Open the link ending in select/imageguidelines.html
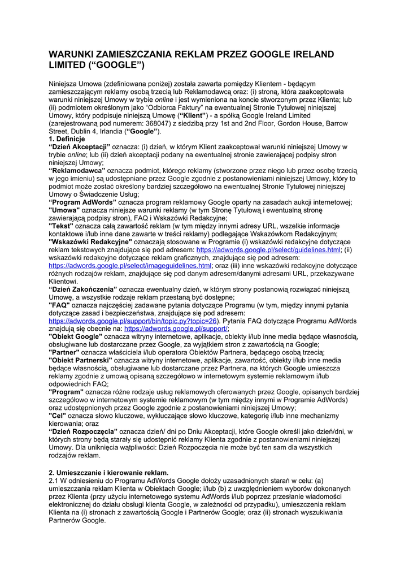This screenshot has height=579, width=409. (130, 266)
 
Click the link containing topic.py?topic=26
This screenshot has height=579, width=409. (133, 321)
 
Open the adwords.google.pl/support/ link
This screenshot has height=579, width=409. (176, 329)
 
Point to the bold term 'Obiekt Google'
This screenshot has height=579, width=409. (76, 336)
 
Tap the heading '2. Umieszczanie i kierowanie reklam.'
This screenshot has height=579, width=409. (108, 473)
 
